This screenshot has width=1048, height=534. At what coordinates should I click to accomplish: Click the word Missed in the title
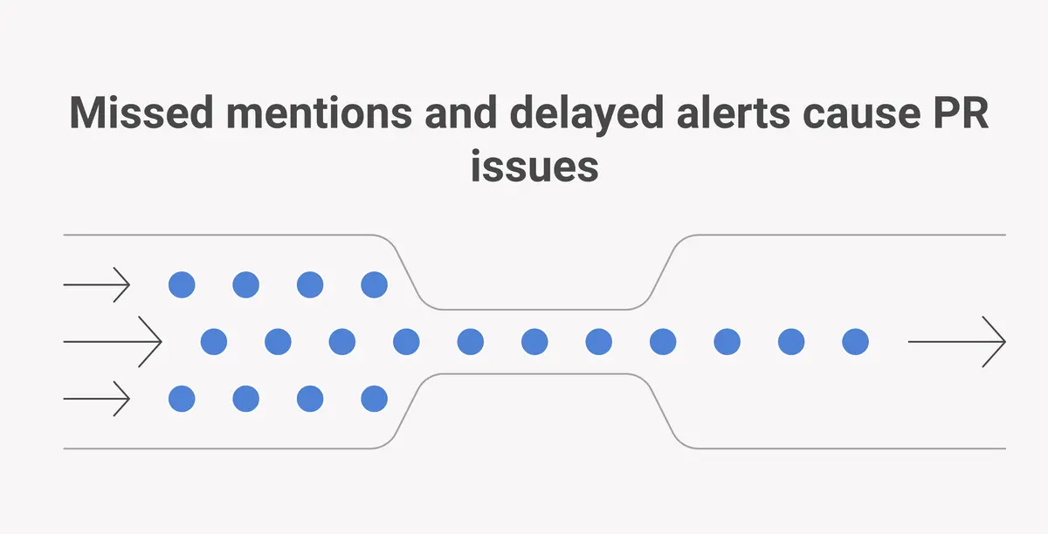141,113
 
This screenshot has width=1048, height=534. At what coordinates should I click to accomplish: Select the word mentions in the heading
319,113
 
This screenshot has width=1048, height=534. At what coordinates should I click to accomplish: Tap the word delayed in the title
587,115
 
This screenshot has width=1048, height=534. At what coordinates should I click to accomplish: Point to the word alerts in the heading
733,113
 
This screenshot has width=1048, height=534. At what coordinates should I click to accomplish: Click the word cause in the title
861,116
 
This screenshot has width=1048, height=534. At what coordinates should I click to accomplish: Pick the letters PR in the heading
961,113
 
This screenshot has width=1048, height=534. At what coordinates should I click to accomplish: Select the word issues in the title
534,166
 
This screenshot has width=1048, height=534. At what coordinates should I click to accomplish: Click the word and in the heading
461,113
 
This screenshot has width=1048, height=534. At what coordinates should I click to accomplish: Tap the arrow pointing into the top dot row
96,284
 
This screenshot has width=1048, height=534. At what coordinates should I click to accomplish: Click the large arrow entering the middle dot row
113,342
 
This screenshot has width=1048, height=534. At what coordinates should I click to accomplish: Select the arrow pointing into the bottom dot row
96,399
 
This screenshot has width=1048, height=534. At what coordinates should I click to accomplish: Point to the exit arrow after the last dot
957,342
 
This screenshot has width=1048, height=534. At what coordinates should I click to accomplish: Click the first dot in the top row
182,284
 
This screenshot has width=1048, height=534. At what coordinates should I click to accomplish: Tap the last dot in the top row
375,284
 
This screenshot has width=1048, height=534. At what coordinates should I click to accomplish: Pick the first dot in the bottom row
182,399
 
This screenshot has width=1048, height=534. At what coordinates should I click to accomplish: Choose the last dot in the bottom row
375,399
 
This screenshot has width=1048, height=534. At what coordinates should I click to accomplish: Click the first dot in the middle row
214,342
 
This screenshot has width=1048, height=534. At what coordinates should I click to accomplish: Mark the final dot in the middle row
855,342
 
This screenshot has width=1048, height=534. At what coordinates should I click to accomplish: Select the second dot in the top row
245,284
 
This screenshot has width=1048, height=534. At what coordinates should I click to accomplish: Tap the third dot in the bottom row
310,399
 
